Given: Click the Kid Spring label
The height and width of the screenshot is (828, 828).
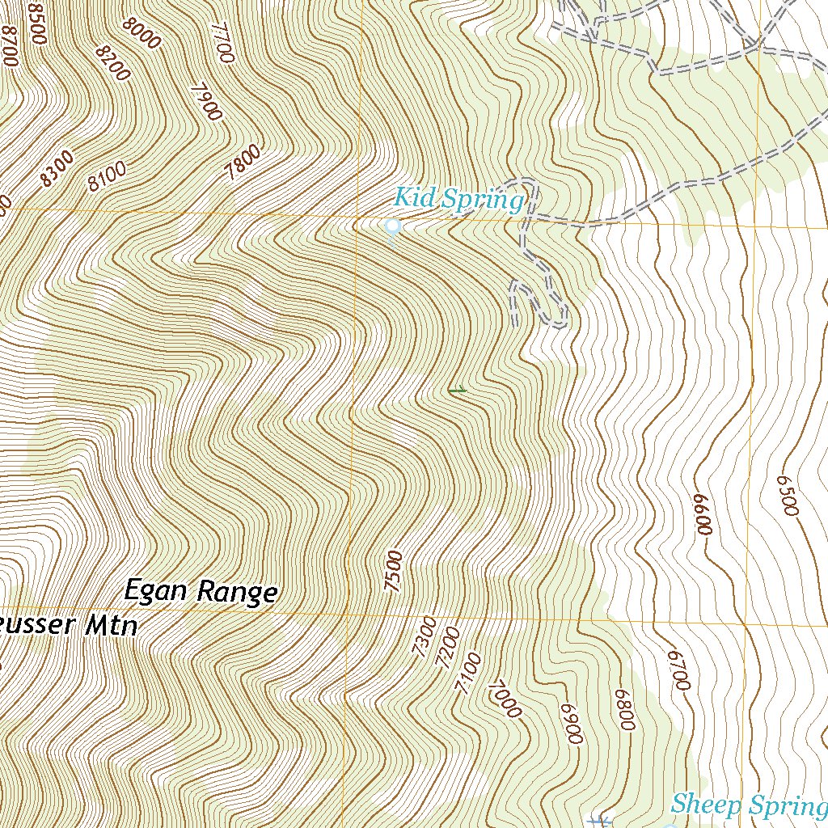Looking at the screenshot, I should pos(458,198).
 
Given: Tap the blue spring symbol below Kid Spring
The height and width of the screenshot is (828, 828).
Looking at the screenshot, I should pos(393,229).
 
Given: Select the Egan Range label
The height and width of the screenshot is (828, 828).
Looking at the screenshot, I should pos(201,592).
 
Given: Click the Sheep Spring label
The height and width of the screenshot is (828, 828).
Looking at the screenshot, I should pos(746,805).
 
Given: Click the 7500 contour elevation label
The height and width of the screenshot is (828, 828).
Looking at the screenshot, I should pos(393,572).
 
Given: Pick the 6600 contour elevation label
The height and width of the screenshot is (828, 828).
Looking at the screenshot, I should pos(702,514).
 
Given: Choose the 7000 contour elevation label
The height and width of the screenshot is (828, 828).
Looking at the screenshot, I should pos(505,698).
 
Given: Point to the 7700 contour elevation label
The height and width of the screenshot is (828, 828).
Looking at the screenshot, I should pos(222,42).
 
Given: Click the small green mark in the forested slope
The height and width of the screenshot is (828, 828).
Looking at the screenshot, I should pos(457,391).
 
